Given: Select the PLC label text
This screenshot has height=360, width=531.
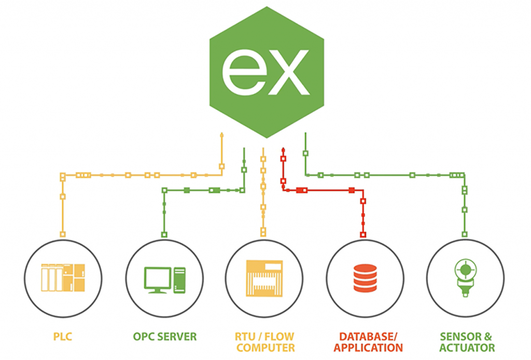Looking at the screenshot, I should tap(62, 337).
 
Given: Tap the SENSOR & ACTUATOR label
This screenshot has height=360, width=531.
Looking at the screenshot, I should tap(467, 342).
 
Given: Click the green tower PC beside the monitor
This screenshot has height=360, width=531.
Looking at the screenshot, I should tap(179, 280).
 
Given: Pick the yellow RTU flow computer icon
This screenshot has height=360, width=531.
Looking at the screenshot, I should tap(264, 278).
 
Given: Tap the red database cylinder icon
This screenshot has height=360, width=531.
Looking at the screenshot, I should tap(365, 278).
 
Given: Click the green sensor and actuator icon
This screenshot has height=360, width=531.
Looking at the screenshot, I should tap(465, 278).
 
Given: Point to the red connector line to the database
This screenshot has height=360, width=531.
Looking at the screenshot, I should tap(332, 190).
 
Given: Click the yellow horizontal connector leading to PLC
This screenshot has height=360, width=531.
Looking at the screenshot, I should tap(140, 175).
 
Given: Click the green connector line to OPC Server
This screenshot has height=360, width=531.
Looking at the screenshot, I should tap(202, 190).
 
